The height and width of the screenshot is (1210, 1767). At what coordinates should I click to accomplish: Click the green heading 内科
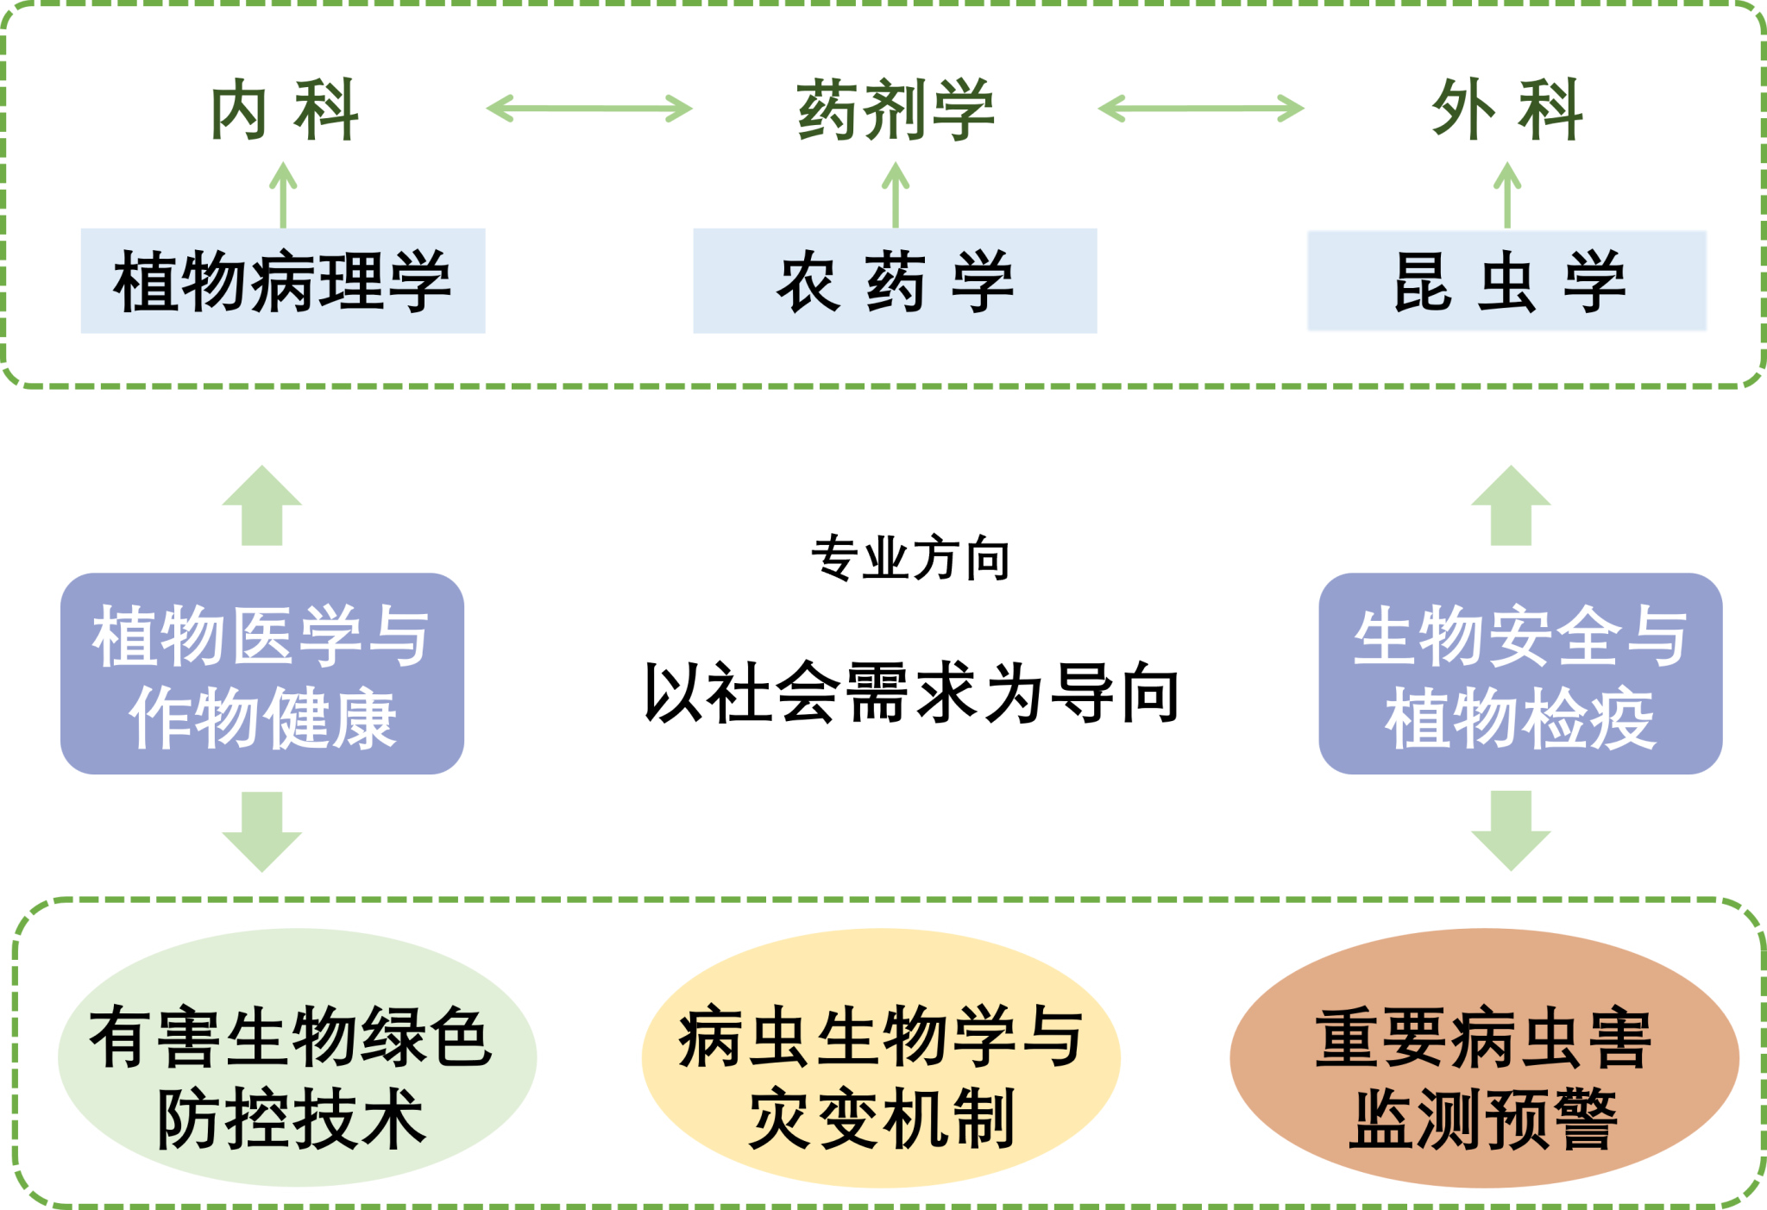coord(284,110)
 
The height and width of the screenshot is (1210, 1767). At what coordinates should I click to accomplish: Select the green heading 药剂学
coord(895,110)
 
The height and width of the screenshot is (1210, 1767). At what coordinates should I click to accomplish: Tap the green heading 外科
coord(1506,110)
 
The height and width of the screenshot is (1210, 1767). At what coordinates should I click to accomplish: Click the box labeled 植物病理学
coord(283,281)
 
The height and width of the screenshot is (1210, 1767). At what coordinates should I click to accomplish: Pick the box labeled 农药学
coord(895,281)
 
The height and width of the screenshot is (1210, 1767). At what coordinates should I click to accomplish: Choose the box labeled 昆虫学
coord(1506,281)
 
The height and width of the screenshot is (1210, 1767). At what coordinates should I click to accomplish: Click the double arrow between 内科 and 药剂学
coord(589,109)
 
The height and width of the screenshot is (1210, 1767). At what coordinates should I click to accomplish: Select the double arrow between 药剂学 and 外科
coord(1200,109)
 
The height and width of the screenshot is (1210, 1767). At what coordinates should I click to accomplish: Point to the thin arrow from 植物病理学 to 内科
coord(283,194)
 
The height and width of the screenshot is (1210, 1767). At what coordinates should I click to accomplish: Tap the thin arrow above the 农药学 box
coord(896,194)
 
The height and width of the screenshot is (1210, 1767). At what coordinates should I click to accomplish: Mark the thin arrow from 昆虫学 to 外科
coord(1507,194)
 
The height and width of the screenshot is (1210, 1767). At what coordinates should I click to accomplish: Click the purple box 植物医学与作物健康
coord(262,674)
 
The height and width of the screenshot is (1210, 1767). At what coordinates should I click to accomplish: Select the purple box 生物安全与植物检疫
coord(1520,674)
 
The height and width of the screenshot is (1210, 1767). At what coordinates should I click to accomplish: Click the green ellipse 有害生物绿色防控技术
coord(297,1057)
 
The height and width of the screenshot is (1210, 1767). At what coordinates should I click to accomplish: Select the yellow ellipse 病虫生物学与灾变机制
coord(881,1057)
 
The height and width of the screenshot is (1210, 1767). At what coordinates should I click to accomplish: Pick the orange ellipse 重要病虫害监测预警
coord(1483,1057)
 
